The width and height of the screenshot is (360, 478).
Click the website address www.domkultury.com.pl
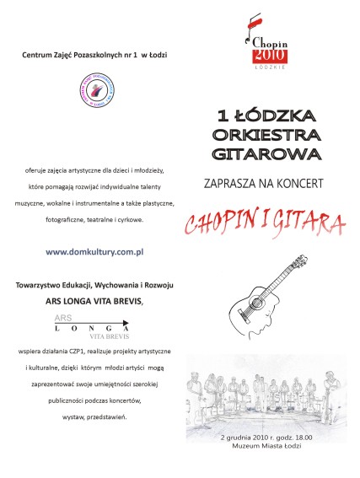click(x=94, y=251)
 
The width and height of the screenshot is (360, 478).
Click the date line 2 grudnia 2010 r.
click(x=266, y=438)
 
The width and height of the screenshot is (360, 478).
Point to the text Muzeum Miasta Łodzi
click(x=266, y=447)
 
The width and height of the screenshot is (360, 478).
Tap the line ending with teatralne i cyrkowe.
click(x=94, y=219)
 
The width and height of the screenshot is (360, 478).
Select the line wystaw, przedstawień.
click(x=94, y=417)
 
